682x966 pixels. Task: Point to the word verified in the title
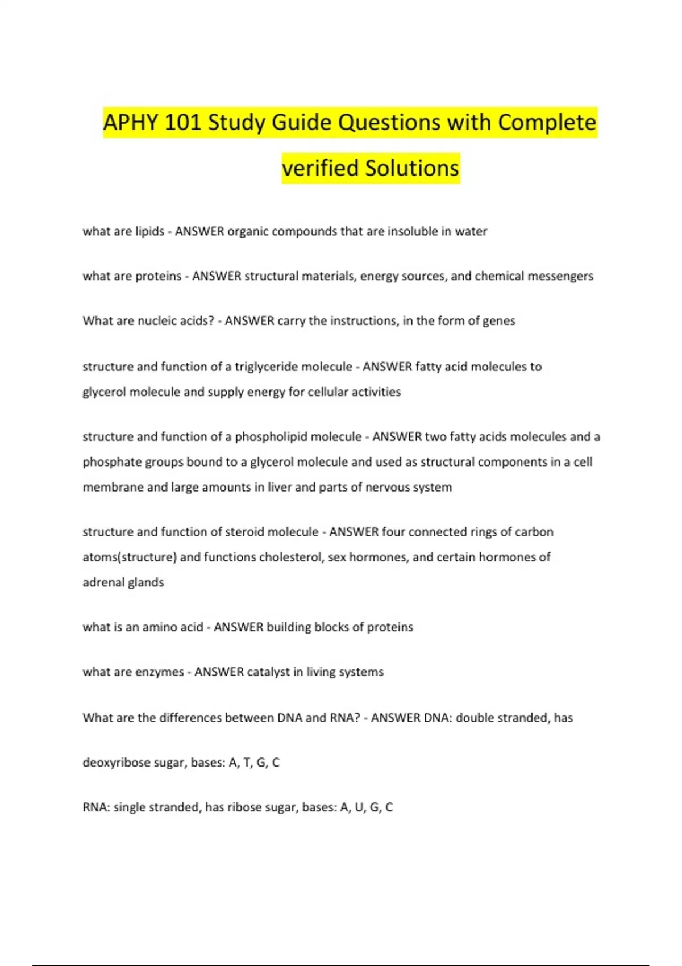[320, 168]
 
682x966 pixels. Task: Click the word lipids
[149, 231]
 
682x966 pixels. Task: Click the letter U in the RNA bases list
[359, 807]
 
